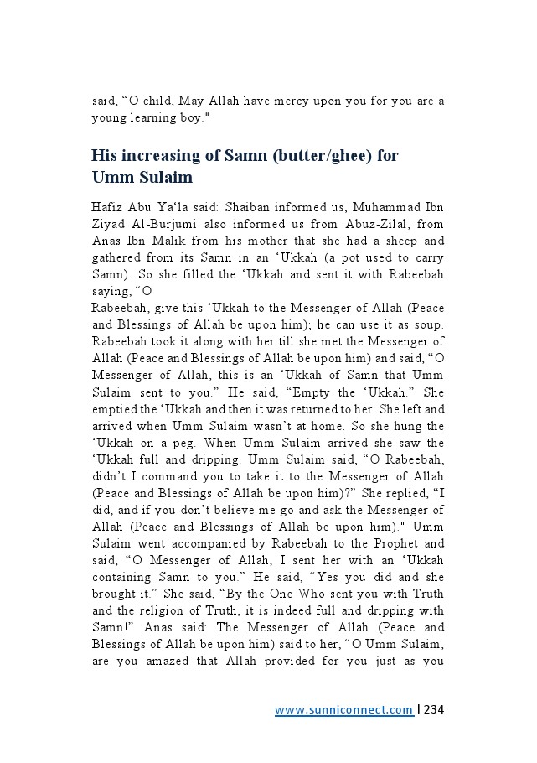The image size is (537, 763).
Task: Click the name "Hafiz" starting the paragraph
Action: [106, 206]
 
